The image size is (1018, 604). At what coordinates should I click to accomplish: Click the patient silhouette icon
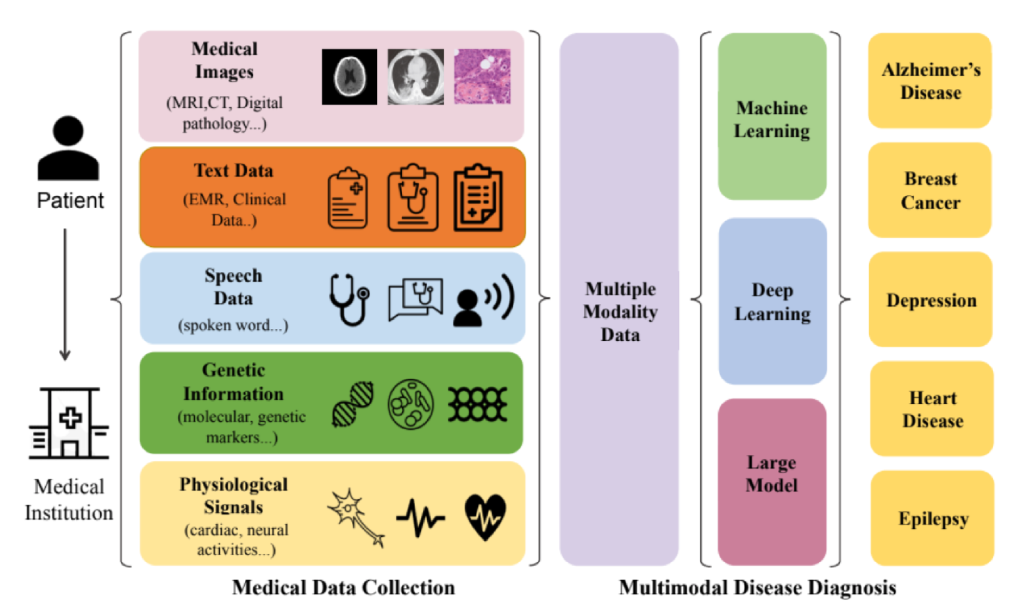[x=68, y=148]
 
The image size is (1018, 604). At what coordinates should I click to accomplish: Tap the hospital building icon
[x=69, y=423]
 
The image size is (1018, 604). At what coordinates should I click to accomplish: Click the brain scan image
[x=349, y=77]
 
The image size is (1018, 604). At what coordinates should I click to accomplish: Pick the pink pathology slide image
[x=482, y=76]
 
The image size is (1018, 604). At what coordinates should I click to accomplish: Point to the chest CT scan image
[x=415, y=77]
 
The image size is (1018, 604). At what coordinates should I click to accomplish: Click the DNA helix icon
[x=353, y=404]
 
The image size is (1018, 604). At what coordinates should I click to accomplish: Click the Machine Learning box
[x=772, y=117]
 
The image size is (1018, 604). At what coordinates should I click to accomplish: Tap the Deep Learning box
[x=772, y=301]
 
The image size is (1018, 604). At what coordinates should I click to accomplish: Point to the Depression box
[x=931, y=300]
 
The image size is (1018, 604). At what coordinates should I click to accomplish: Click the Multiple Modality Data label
[x=620, y=312]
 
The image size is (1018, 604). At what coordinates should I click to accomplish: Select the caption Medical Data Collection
[x=343, y=587]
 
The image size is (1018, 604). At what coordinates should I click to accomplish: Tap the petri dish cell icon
[x=410, y=404]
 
